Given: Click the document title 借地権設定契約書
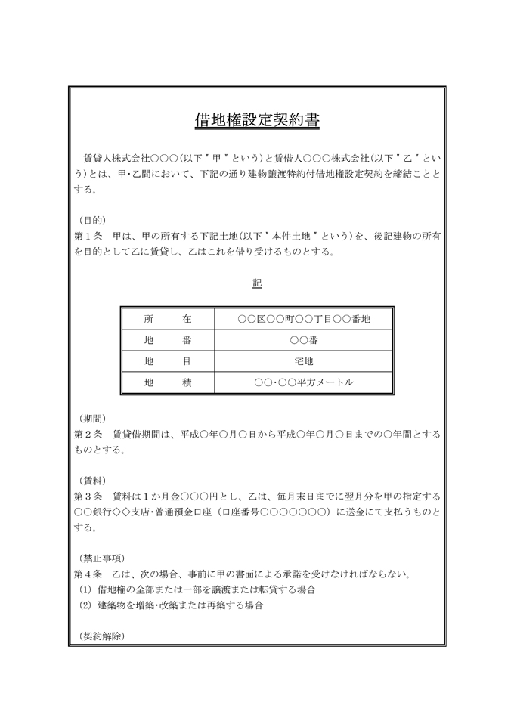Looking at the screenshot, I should [257, 120].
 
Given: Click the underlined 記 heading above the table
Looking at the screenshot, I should [257, 283].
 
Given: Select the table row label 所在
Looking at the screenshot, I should [167, 320].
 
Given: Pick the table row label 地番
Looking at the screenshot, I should [167, 341].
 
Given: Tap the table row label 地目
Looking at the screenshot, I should [167, 362].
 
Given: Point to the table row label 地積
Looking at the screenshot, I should [167, 383].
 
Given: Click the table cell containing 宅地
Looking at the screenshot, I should [304, 362].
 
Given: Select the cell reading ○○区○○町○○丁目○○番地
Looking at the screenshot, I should [304, 320].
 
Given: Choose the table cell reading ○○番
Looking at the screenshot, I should [304, 341].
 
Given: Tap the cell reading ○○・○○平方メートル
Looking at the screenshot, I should [304, 383].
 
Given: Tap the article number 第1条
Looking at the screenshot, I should [88, 236].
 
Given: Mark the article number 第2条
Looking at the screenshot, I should [88, 435].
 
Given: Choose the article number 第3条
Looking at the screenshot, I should [88, 497].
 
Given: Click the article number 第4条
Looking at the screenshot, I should [88, 574].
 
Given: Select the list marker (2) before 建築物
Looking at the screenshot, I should [85, 605].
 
